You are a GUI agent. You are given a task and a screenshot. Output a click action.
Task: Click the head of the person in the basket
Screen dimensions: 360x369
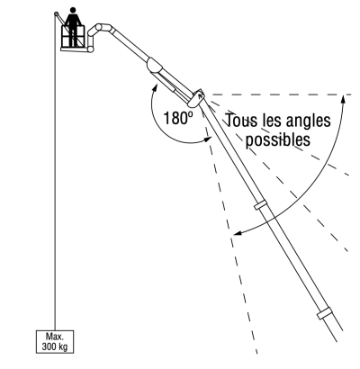pos(73,10)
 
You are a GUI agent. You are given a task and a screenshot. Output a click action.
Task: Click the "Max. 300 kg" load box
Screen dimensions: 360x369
pos(55,342)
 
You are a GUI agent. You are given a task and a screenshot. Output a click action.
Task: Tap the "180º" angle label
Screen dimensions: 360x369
pos(178,118)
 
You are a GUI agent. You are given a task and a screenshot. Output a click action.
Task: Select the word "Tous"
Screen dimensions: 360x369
pos(241,121)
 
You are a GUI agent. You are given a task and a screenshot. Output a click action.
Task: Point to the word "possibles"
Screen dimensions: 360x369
pos(278,139)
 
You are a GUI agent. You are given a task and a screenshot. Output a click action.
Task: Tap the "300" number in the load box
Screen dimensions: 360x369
pos(49,346)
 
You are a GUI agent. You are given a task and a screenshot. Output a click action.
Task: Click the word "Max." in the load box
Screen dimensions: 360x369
pos(55,337)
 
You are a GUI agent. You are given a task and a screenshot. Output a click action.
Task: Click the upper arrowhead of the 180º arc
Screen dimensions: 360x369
pos(156,87)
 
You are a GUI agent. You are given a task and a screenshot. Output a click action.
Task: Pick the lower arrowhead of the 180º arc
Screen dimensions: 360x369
pos(208,139)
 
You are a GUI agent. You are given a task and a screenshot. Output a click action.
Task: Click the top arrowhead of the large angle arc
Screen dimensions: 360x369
pos(344,99)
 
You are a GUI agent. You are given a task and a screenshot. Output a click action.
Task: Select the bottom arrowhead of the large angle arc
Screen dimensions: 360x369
pos(238,233)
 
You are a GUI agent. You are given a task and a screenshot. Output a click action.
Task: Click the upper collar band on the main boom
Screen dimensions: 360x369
pos(260,205)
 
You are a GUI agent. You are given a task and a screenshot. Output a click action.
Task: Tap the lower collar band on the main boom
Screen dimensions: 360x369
pos(325,313)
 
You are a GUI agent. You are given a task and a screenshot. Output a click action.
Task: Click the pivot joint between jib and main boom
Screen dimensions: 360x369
pos(196,98)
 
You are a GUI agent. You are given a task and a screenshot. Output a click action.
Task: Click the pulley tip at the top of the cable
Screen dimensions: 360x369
pos(56,13)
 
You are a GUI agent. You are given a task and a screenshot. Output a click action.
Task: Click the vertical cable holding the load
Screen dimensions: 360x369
pos(55,173)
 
